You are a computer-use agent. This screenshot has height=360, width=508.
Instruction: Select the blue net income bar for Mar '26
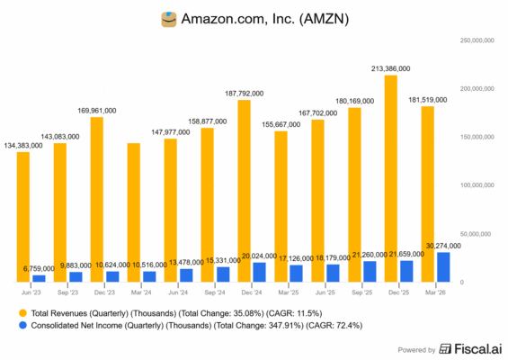pyautogui.click(x=442, y=267)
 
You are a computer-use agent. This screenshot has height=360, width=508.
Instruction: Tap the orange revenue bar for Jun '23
pyautogui.click(x=24, y=216)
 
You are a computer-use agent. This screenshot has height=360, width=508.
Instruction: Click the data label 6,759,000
pyautogui.click(x=40, y=268)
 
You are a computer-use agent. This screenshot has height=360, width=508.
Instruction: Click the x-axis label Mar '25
pyautogui.click(x=288, y=292)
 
